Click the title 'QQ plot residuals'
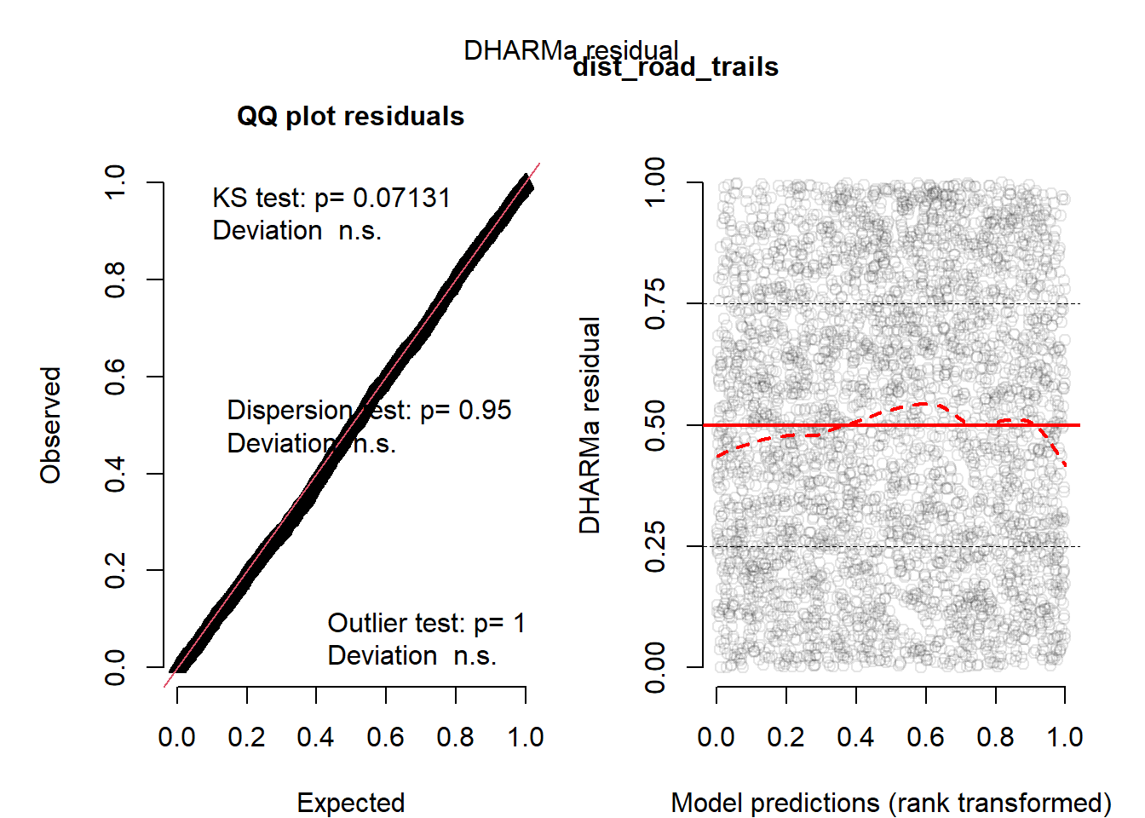click(x=350, y=116)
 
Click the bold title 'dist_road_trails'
click(x=676, y=67)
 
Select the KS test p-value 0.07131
click(x=401, y=198)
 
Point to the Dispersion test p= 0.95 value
click(x=485, y=410)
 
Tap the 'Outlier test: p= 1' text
click(x=426, y=623)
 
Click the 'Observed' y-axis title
click(x=51, y=425)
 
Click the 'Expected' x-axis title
click(x=350, y=803)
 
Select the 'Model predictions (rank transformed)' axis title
click(x=891, y=803)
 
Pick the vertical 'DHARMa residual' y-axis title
click(x=590, y=425)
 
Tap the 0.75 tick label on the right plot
click(x=655, y=303)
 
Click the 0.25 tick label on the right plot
click(x=655, y=546)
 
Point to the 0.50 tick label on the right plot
click(x=655, y=425)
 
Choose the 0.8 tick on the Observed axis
click(x=115, y=279)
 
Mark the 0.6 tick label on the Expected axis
click(x=386, y=737)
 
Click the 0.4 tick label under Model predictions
click(x=855, y=737)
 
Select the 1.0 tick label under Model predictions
click(x=1065, y=737)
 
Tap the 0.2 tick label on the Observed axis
click(x=115, y=570)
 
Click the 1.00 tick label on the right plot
click(x=655, y=182)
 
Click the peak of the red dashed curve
click(x=927, y=403)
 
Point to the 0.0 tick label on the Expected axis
click(x=177, y=737)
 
